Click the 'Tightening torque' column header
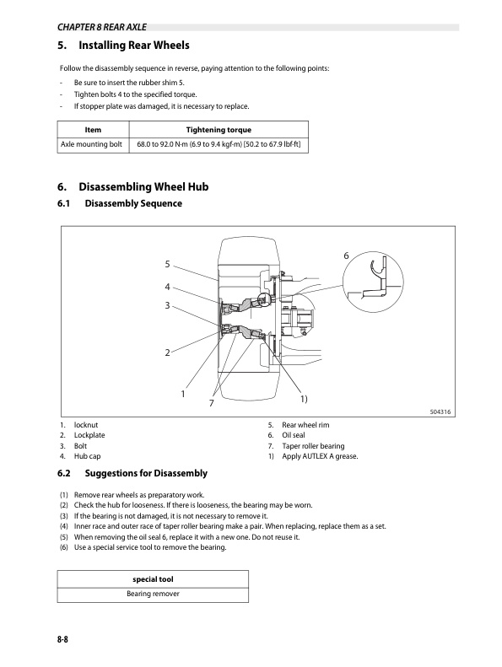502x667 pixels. tap(218, 130)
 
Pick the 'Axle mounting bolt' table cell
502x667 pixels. tap(93, 145)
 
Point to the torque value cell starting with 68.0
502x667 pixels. tap(218, 145)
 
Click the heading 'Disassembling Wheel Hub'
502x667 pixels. tap(143, 186)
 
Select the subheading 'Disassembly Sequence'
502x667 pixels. tap(133, 204)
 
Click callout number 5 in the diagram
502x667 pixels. tap(168, 264)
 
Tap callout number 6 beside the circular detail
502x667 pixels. tap(346, 256)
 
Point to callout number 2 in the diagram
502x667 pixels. tap(168, 352)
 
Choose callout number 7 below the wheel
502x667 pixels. tap(212, 404)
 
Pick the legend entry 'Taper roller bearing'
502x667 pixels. tap(313, 445)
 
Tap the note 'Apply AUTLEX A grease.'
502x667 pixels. tap(320, 456)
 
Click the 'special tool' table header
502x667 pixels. tap(152, 578)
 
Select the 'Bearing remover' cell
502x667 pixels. tap(152, 594)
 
